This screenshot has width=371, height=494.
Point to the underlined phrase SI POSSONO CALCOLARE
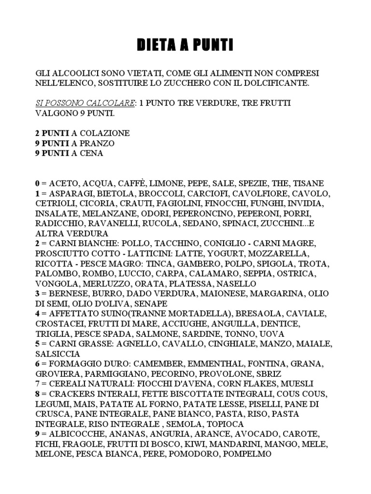(x=85, y=103)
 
